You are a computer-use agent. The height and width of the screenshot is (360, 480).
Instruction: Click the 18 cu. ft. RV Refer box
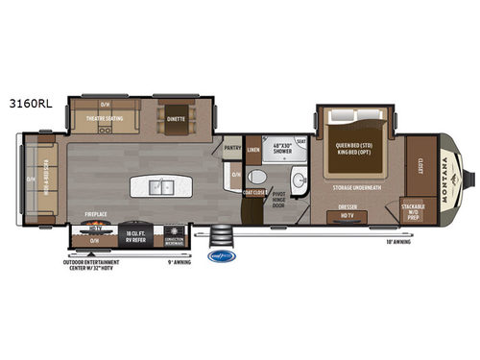tap(133, 233)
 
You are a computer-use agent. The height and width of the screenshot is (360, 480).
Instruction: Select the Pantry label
tap(232, 148)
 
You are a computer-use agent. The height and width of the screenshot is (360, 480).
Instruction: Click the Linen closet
tap(252, 150)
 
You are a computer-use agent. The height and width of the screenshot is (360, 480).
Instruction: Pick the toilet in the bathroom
tap(256, 178)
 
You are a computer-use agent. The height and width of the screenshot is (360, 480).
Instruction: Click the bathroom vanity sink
tap(298, 180)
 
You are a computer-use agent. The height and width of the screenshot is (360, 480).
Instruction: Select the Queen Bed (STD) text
tap(352, 147)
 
